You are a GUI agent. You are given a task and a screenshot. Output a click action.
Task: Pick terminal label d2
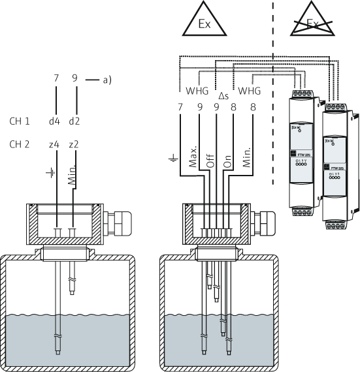click(76, 121)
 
